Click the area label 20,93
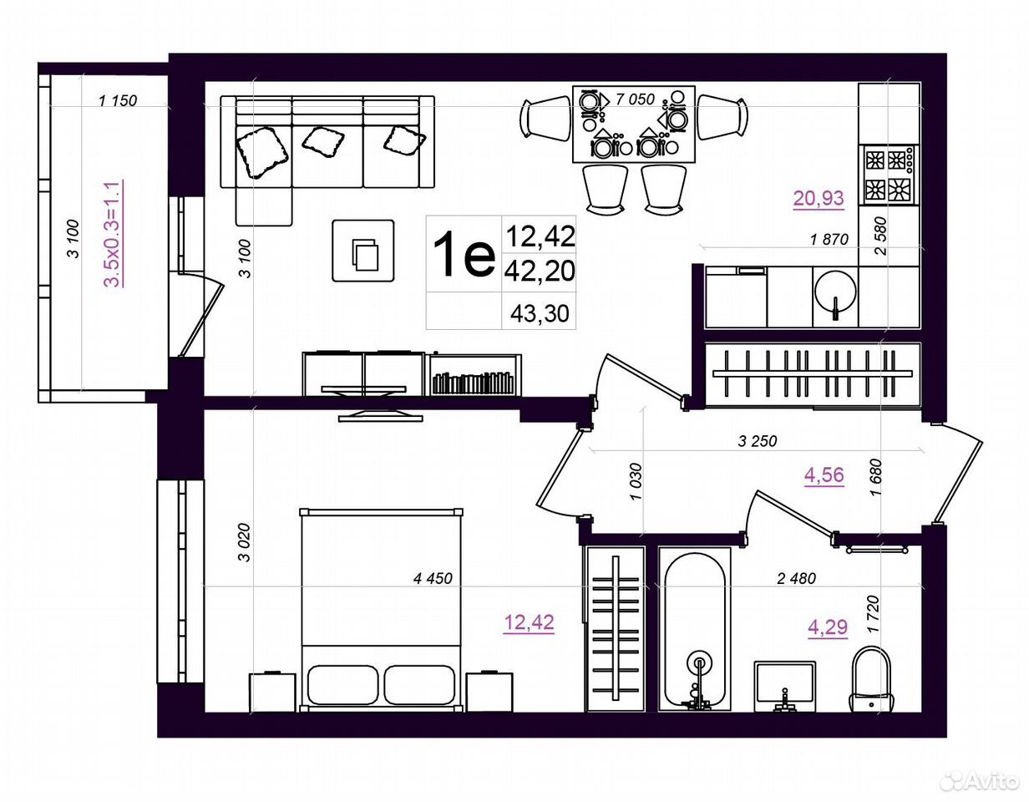(x=819, y=198)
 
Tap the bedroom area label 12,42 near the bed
(x=529, y=622)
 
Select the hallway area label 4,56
(x=824, y=475)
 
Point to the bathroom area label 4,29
(x=827, y=627)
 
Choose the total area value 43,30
(x=540, y=313)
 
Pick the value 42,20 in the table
(x=540, y=271)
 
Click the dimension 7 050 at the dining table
(x=635, y=99)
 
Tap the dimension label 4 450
(x=433, y=578)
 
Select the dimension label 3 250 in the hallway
(x=758, y=441)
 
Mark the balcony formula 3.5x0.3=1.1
(x=114, y=234)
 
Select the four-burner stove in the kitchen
(x=889, y=175)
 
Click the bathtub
(x=694, y=629)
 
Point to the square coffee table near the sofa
(x=363, y=251)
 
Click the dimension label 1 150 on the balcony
(x=118, y=100)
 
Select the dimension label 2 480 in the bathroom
(x=797, y=578)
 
